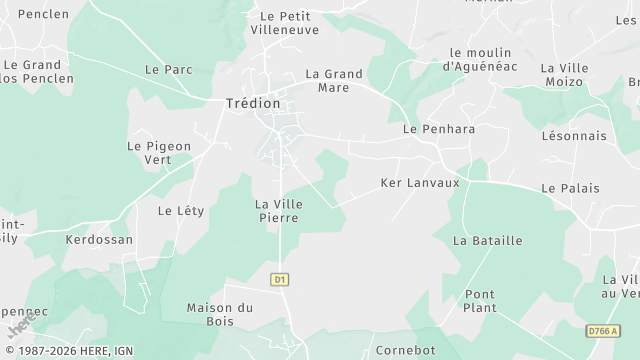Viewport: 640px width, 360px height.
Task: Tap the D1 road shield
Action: tap(280, 279)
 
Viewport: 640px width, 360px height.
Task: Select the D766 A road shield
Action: tap(602, 330)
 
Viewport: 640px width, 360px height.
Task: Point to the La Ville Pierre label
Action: tap(280, 210)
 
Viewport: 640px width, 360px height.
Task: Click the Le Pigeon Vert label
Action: tap(158, 152)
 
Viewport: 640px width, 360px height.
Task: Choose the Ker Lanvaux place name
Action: tap(420, 183)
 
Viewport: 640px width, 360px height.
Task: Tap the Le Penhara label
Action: tap(439, 129)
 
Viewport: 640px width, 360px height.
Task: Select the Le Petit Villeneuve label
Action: tap(286, 23)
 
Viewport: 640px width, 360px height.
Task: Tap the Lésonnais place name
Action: tap(573, 135)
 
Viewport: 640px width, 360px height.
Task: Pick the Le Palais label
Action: tap(570, 188)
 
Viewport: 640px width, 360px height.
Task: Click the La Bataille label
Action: tap(488, 240)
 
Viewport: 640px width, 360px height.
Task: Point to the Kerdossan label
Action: tap(99, 240)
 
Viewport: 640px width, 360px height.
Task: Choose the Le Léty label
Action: tap(181, 211)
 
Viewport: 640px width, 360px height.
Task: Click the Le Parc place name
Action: tap(168, 70)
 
